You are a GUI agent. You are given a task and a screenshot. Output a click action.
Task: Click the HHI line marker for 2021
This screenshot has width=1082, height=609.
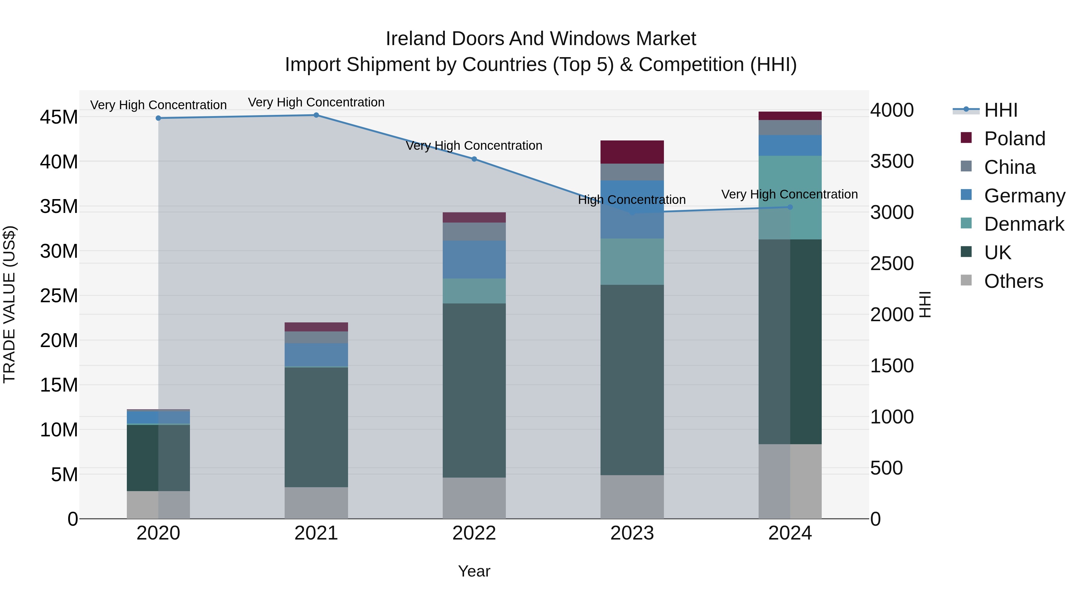[316, 115]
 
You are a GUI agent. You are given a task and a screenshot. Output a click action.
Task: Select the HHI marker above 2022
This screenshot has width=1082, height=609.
[474, 159]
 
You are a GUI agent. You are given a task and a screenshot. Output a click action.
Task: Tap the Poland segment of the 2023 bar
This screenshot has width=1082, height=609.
[632, 152]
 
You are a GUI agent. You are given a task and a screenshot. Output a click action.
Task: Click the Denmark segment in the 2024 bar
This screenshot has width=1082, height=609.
[790, 198]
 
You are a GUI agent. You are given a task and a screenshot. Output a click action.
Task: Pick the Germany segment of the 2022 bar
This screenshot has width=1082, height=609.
[474, 259]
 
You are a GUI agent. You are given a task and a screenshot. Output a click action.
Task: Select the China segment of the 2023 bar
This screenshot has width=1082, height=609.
[632, 172]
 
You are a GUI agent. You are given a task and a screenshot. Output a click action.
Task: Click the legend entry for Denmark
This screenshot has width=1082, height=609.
[1024, 224]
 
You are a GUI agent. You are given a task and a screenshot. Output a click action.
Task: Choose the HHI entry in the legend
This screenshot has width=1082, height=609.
[1001, 110]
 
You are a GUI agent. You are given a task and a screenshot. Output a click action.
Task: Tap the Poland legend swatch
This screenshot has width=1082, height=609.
[966, 138]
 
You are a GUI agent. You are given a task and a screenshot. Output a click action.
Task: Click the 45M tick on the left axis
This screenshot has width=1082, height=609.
[59, 117]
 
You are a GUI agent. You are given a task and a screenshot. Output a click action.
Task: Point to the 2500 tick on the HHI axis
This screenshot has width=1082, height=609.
[892, 263]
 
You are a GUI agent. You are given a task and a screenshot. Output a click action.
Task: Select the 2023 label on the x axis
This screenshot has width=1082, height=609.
[632, 533]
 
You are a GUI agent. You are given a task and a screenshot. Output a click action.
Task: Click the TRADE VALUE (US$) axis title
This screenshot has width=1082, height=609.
[10, 304]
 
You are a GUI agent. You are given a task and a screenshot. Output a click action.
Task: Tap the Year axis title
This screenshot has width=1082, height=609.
[474, 571]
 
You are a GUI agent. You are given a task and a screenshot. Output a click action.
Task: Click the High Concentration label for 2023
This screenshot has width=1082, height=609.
[632, 200]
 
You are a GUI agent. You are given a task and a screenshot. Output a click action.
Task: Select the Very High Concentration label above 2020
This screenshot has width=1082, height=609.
[158, 105]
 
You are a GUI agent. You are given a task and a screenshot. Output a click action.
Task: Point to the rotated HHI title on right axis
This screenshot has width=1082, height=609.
[925, 304]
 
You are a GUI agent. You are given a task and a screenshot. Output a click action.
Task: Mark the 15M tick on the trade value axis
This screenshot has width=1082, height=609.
[59, 385]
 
